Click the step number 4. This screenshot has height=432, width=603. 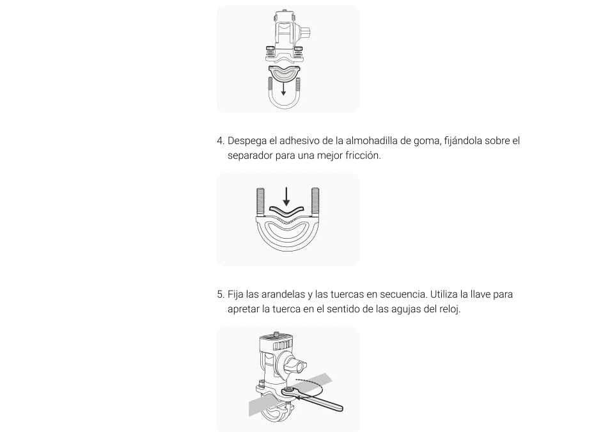coord(221,141)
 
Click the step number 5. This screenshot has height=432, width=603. coord(221,294)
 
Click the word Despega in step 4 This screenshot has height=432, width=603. coord(247,141)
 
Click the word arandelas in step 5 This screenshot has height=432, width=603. coord(283,294)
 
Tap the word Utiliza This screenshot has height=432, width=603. coord(444,294)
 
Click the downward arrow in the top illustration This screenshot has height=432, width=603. coord(283,88)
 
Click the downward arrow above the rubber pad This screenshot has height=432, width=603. coord(286,196)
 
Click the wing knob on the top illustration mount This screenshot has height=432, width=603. coord(306,33)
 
